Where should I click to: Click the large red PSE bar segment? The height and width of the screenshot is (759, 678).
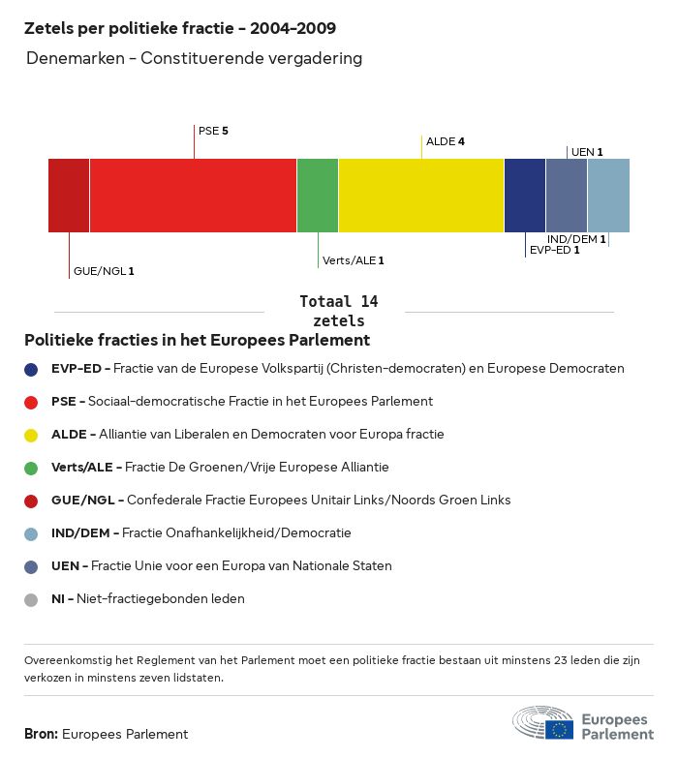click(x=193, y=196)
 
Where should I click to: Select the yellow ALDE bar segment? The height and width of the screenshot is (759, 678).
click(x=421, y=196)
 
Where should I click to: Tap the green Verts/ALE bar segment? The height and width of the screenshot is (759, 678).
click(x=318, y=196)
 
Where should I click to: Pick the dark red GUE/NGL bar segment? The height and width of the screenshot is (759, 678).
click(x=69, y=196)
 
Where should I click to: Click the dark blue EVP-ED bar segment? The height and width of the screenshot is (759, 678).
click(x=525, y=196)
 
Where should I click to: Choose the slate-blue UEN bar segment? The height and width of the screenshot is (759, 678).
click(x=567, y=196)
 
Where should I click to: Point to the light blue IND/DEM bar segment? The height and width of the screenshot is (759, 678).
click(x=608, y=196)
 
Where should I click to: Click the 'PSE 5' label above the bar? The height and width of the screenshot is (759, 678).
click(x=213, y=130)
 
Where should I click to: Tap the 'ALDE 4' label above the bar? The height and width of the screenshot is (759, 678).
click(x=446, y=141)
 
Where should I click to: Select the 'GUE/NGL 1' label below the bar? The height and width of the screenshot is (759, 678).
click(x=104, y=271)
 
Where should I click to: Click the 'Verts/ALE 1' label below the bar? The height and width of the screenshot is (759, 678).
click(x=354, y=260)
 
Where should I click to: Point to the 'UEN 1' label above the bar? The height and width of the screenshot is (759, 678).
click(x=587, y=152)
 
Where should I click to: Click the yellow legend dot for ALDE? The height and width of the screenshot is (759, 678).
click(x=32, y=434)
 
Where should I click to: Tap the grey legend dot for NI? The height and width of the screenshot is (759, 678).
click(x=32, y=599)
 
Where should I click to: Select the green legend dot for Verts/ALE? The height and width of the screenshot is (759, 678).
click(x=32, y=468)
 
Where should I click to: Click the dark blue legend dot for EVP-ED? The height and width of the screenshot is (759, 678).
click(x=32, y=369)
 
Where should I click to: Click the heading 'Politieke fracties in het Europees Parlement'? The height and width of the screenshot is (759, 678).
click(x=197, y=341)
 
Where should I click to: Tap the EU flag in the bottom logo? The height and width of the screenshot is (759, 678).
click(x=559, y=729)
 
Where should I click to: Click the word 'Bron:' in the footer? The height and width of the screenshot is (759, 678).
click(x=41, y=734)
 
